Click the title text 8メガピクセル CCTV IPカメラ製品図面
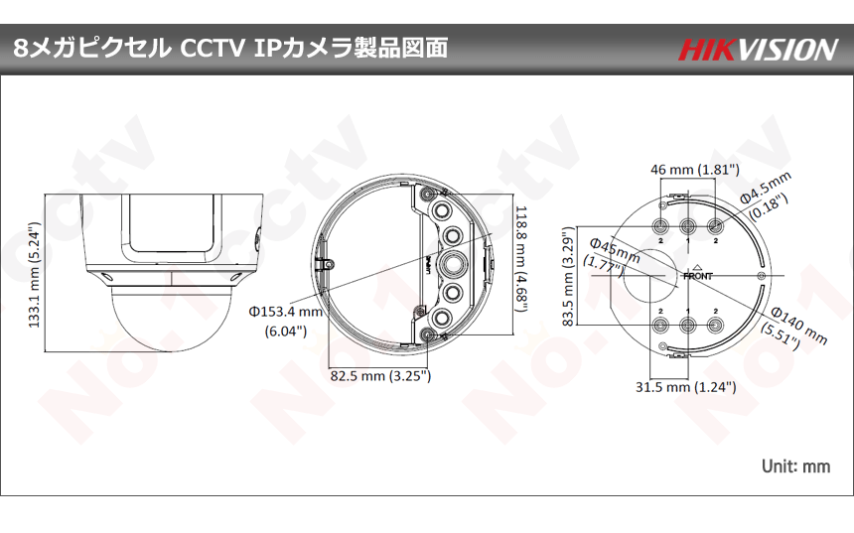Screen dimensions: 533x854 pyautogui.click(x=230, y=48)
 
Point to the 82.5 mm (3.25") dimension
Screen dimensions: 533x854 pyautogui.click(x=379, y=376)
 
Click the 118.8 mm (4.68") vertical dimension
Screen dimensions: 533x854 pyautogui.click(x=520, y=257)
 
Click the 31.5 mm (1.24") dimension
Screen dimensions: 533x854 pyautogui.click(x=686, y=387)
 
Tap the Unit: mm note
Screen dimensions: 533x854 pyautogui.click(x=794, y=465)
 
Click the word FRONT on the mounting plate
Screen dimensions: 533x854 pyautogui.click(x=697, y=277)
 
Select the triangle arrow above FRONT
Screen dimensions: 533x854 pyautogui.click(x=697, y=267)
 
